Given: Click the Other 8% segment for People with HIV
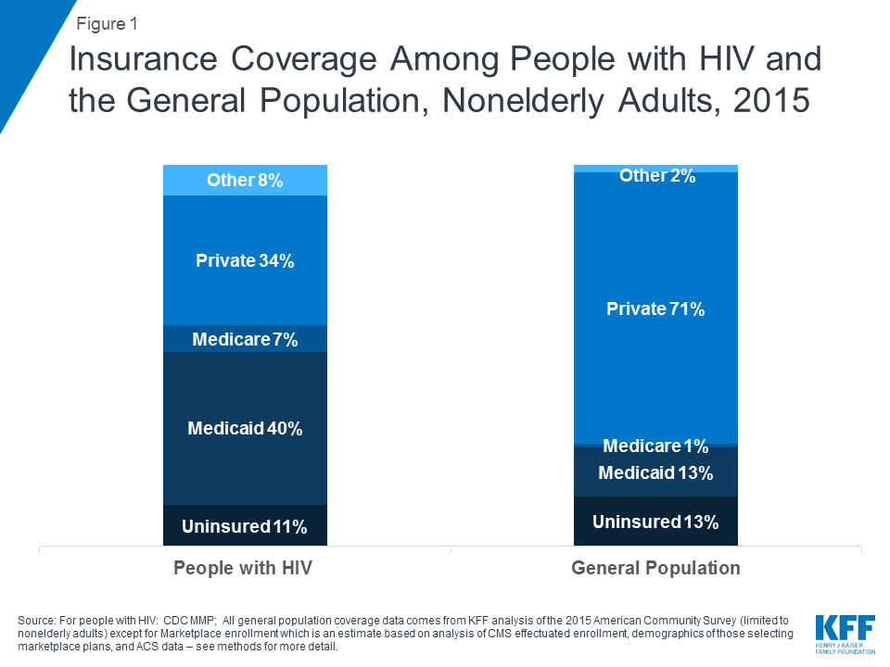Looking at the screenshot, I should (245, 181).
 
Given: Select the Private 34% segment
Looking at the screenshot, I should (245, 261).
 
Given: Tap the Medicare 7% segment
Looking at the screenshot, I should (245, 339).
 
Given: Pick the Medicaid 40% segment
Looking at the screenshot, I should (245, 429).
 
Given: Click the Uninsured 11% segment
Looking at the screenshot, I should (245, 526).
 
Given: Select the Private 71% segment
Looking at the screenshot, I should (655, 309).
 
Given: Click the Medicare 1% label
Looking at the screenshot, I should (655, 447).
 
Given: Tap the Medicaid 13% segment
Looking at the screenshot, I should (655, 472).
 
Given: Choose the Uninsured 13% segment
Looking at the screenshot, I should (655, 522).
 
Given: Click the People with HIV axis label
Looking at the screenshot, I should (243, 568).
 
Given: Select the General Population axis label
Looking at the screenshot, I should (655, 568).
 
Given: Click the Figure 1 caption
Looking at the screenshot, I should (107, 24).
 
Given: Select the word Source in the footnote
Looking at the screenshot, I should (38, 619).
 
